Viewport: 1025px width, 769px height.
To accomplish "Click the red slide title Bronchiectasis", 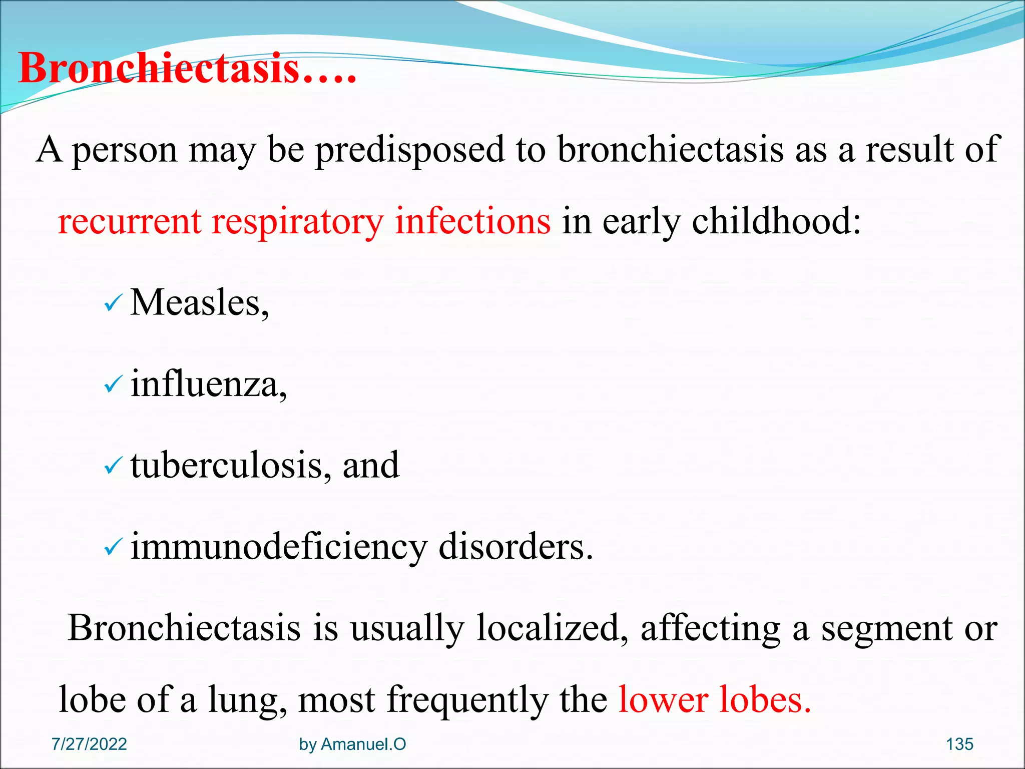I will pyautogui.click(x=188, y=69).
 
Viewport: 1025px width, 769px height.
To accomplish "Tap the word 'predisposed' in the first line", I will pyautogui.click(x=410, y=150).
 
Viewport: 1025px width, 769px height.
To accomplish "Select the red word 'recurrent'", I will pyautogui.click(x=129, y=221).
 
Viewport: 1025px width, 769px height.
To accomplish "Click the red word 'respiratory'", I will pyautogui.click(x=297, y=221).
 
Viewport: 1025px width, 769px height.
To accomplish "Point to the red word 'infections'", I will pyautogui.click(x=472, y=221).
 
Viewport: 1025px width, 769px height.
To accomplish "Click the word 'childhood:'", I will pyautogui.click(x=776, y=221).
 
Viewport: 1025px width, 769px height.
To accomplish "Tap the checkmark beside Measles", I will pyautogui.click(x=113, y=303).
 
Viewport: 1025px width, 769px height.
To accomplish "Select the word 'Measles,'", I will pyautogui.click(x=199, y=303).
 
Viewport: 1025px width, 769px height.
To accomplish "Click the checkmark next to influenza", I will pyautogui.click(x=113, y=384).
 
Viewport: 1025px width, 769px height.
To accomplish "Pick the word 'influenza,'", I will pyautogui.click(x=209, y=384).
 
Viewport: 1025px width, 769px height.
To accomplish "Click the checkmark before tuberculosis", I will pyautogui.click(x=113, y=466).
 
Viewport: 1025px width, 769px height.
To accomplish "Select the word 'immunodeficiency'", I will pyautogui.click(x=279, y=547).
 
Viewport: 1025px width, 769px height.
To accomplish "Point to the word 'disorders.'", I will pyautogui.click(x=516, y=547).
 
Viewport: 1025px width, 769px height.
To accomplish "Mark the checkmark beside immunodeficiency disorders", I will pyautogui.click(x=113, y=547).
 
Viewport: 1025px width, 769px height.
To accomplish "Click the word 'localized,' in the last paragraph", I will pyautogui.click(x=552, y=628).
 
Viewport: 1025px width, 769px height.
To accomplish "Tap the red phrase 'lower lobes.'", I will pyautogui.click(x=714, y=699).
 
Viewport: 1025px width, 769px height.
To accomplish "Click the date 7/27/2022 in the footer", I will pyautogui.click(x=89, y=744).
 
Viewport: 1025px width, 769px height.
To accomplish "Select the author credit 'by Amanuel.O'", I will pyautogui.click(x=352, y=744).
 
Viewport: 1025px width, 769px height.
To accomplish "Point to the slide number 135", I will pyautogui.click(x=959, y=744).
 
